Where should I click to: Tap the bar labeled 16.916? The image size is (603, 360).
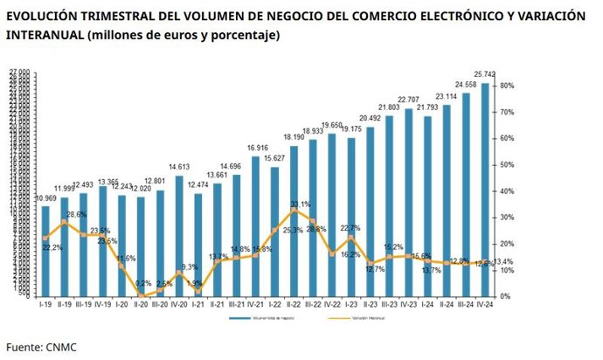[255, 226]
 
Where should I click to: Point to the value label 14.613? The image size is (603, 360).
[179, 166]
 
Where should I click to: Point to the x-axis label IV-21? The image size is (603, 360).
[255, 304]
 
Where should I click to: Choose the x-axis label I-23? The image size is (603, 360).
[350, 304]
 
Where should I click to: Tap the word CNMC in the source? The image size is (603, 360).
[62, 347]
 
